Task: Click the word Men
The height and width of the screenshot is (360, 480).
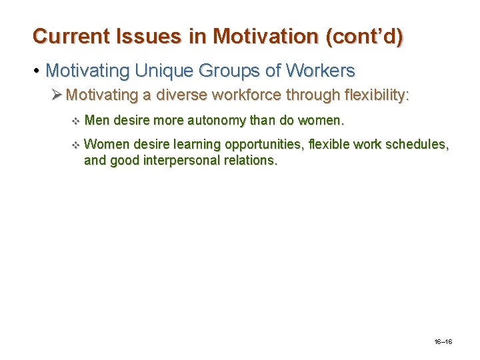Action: pos(97,121)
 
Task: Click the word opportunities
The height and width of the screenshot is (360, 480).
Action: pos(262,144)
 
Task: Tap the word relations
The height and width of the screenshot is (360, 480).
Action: pos(250,160)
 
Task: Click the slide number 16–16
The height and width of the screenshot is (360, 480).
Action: pos(443,342)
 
